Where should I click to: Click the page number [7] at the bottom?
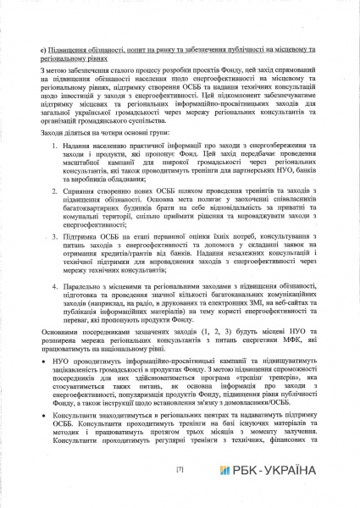(x=180, y=468)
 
